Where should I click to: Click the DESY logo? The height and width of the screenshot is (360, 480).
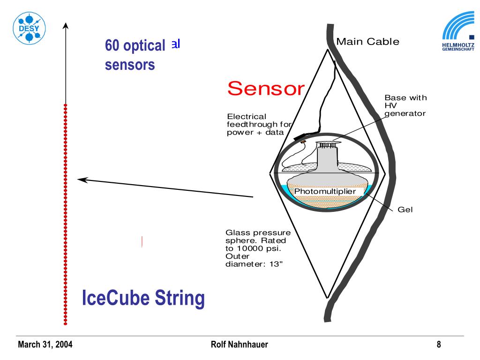pyautogui.click(x=29, y=28)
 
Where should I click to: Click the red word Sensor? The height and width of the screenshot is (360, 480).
pyautogui.click(x=266, y=88)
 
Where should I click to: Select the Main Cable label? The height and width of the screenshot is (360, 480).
pyautogui.click(x=368, y=42)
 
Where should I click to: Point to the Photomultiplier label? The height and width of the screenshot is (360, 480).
pyautogui.click(x=325, y=191)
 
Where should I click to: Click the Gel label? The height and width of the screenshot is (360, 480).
pyautogui.click(x=405, y=210)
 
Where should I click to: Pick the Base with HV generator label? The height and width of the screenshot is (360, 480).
pyautogui.click(x=405, y=105)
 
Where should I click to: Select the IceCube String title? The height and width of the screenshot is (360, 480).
pyautogui.click(x=143, y=298)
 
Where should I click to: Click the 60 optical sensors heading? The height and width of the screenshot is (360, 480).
pyautogui.click(x=135, y=55)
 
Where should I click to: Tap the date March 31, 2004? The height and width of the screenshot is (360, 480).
pyautogui.click(x=45, y=345)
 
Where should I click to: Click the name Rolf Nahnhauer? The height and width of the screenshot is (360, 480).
pyautogui.click(x=240, y=345)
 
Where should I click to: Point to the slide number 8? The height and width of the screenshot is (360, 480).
pyautogui.click(x=439, y=345)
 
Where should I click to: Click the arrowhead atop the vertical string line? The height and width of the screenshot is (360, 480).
pyautogui.click(x=66, y=25)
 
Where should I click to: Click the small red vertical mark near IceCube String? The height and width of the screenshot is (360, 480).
pyautogui.click(x=142, y=241)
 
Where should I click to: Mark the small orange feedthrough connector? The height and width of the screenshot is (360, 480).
pyautogui.click(x=303, y=141)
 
